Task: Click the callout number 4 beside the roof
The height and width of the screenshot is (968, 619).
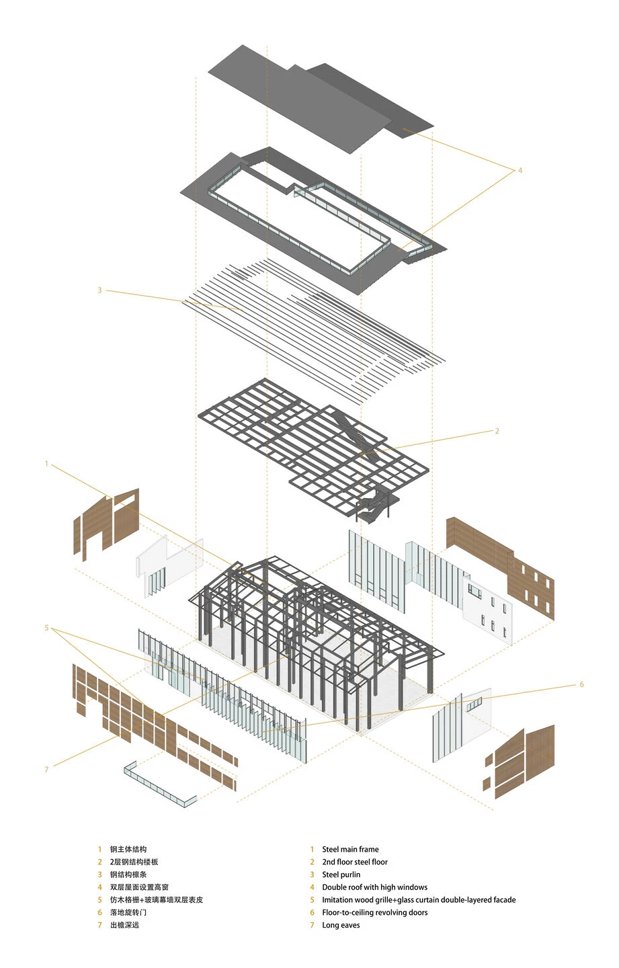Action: (520, 171)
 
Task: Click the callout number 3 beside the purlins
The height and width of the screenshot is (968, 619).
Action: (99, 290)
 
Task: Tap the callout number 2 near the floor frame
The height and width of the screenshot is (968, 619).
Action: (497, 431)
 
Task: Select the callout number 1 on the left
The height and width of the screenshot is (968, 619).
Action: (46, 464)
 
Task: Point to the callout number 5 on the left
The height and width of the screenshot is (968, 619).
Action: (46, 628)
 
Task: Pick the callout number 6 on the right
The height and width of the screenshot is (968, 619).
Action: (581, 684)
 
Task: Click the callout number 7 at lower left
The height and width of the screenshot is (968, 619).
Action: (46, 769)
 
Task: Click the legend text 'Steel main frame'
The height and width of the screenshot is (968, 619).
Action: (350, 850)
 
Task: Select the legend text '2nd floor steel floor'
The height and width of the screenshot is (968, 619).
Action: (354, 862)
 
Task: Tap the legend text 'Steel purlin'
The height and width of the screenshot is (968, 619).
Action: (341, 875)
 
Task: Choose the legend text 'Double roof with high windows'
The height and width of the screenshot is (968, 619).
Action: (374, 887)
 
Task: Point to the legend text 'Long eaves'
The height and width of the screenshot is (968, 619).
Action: (341, 926)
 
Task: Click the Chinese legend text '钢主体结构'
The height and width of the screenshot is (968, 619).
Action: (128, 850)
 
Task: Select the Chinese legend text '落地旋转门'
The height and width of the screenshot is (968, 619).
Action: (128, 913)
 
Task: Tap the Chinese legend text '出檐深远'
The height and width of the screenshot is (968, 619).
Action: (124, 926)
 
